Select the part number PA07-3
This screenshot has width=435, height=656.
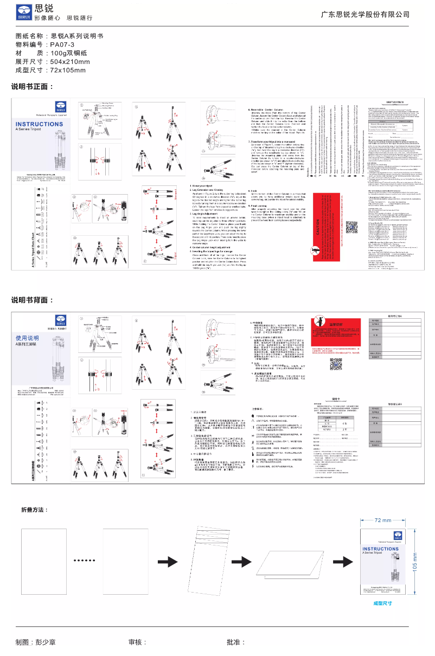click(x=62, y=44)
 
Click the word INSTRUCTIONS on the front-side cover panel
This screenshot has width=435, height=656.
click(x=39, y=125)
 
